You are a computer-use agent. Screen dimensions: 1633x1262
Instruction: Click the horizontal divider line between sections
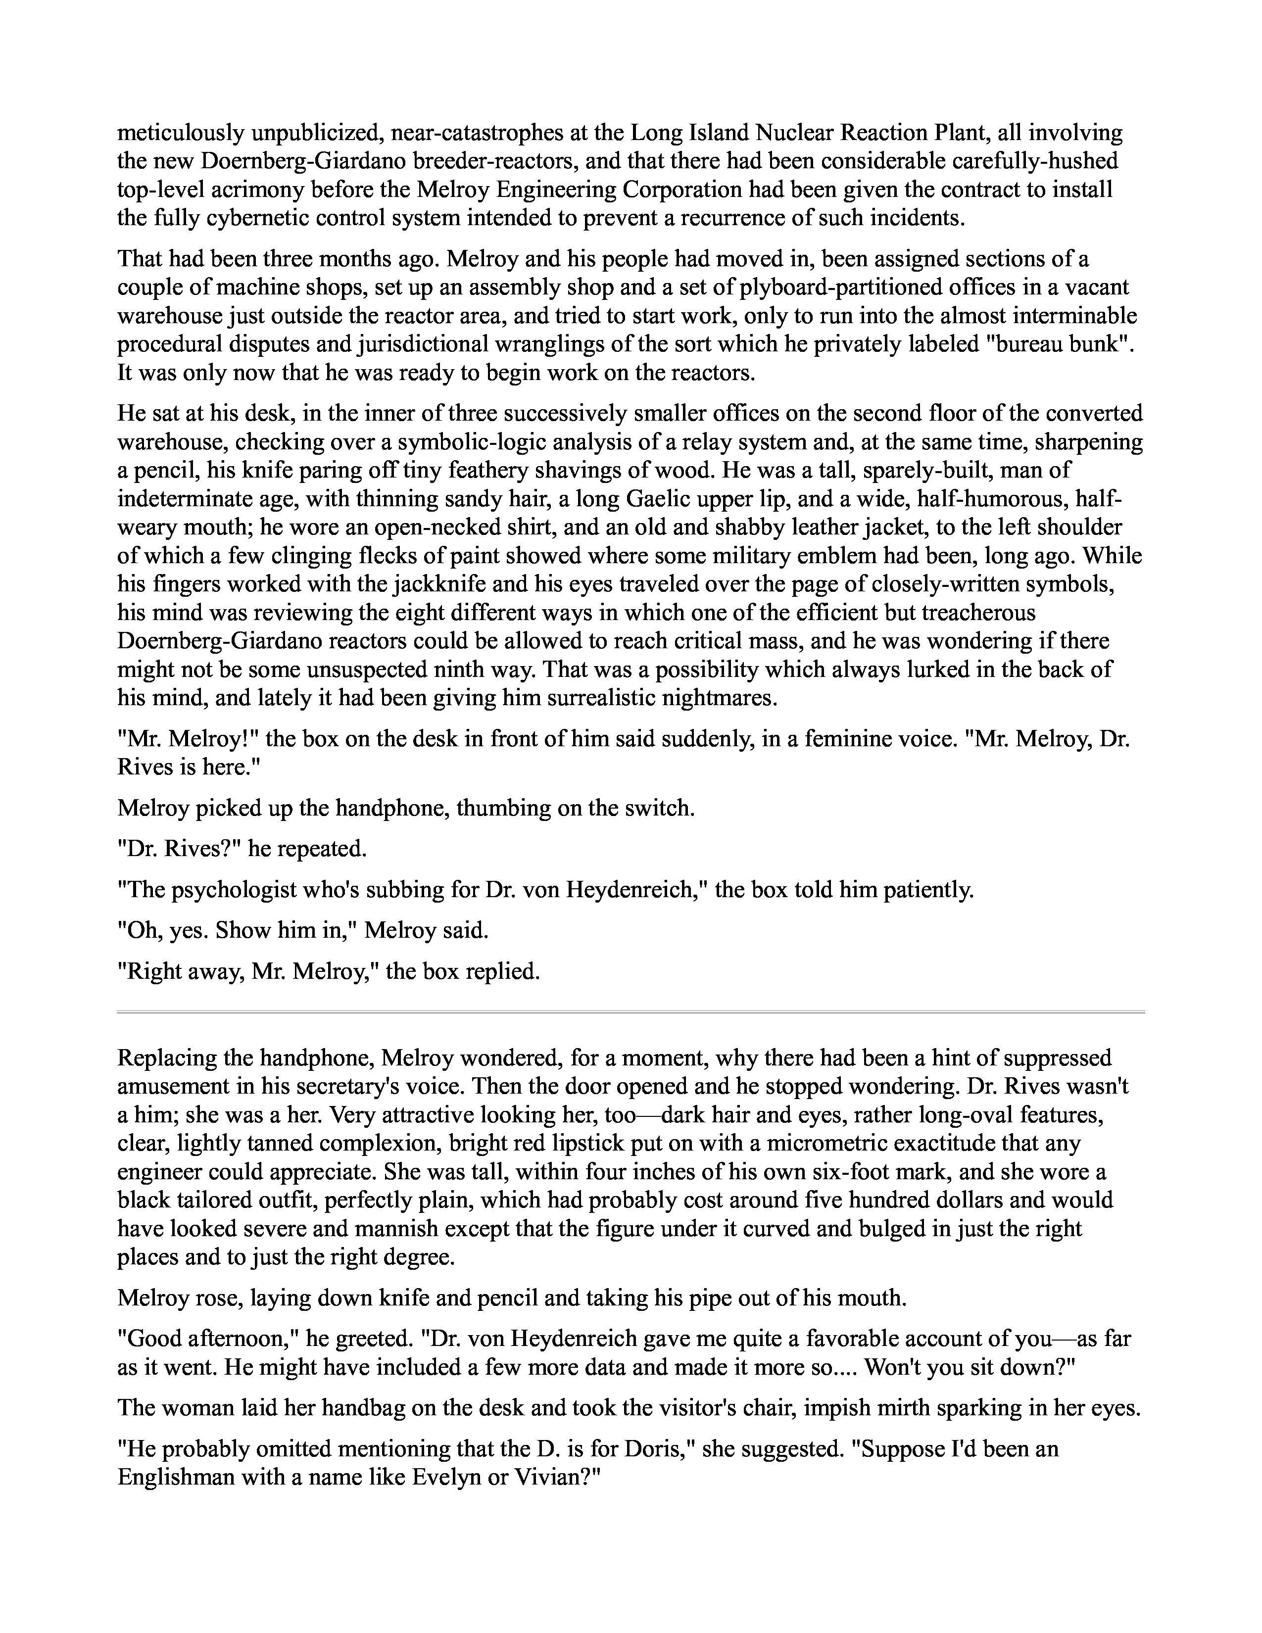tap(631, 1012)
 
